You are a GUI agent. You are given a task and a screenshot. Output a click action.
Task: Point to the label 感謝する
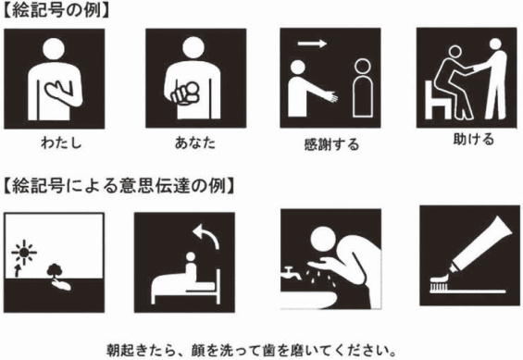330,145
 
